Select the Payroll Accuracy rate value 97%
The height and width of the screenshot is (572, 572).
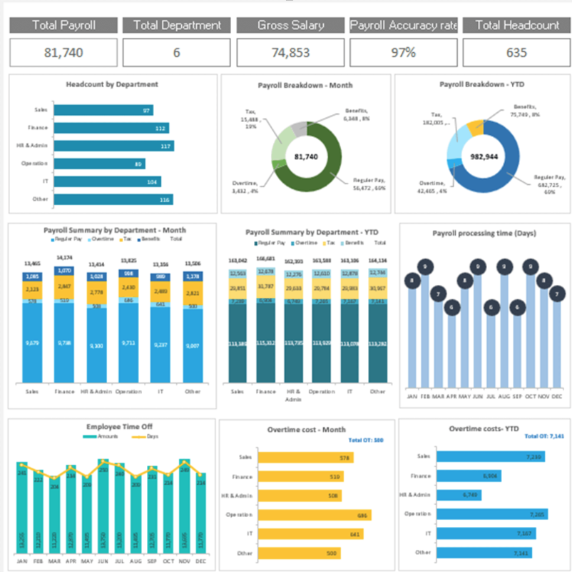404,52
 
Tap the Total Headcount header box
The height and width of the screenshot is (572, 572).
517,25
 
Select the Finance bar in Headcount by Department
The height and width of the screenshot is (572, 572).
111,128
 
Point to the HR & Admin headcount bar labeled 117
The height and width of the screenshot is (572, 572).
113,146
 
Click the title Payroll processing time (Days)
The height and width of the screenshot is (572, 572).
484,233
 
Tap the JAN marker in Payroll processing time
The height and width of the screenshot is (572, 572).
412,281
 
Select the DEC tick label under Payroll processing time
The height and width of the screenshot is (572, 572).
557,396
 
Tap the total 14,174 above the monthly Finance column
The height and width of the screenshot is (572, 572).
64,257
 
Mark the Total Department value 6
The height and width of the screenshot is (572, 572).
176,52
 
